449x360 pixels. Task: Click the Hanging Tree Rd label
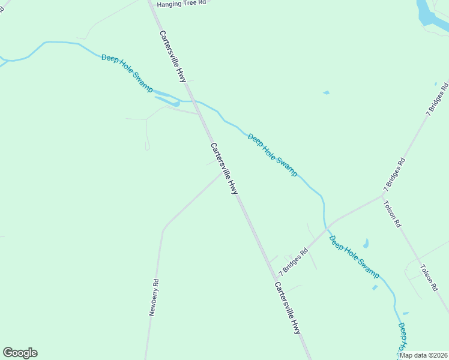click(x=181, y=4)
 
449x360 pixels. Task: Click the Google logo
click(x=20, y=353)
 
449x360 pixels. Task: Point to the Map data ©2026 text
click(x=423, y=355)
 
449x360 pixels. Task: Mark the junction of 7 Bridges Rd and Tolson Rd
click(x=383, y=194)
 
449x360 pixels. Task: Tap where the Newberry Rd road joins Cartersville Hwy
click(x=224, y=172)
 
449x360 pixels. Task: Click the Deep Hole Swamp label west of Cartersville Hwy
click(x=127, y=73)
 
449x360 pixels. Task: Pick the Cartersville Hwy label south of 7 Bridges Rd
click(x=288, y=308)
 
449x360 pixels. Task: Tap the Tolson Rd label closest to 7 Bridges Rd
click(x=393, y=214)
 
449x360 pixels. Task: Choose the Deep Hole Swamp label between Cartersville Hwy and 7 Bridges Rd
click(x=273, y=155)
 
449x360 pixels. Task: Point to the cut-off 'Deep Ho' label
click(x=402, y=338)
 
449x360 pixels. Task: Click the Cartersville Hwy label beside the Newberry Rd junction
click(x=224, y=169)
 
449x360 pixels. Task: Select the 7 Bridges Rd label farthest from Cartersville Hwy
click(x=438, y=100)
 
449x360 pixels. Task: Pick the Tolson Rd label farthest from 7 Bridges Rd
click(x=429, y=278)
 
